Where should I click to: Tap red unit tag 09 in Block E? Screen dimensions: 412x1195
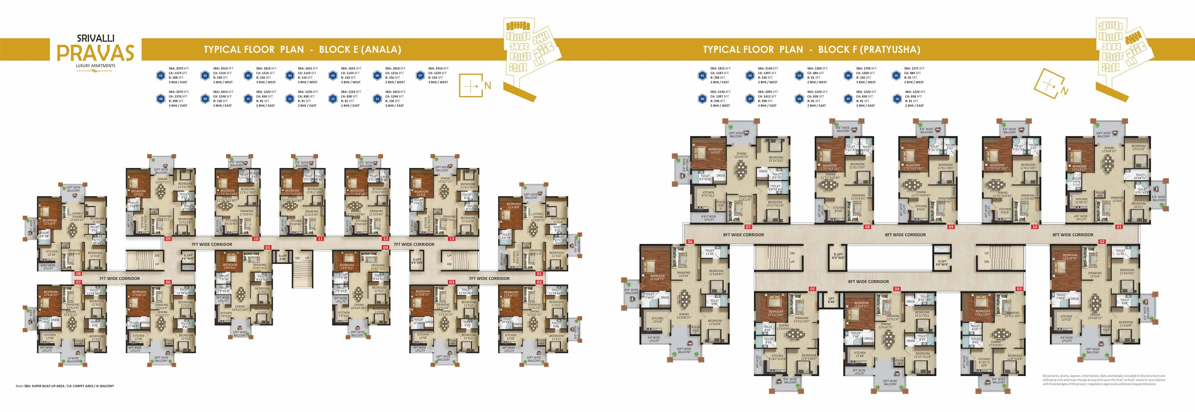tap(168, 239)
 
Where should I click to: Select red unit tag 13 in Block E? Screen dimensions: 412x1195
tap(451, 239)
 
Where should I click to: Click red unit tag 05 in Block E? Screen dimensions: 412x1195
tap(268, 248)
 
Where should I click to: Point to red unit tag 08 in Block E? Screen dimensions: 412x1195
tap(78, 274)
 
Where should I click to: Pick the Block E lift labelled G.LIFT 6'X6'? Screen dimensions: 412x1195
tap(282, 257)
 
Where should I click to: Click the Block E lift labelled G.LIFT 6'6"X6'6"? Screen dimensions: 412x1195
tap(188, 257)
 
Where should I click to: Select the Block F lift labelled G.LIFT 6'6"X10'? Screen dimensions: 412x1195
tap(838, 256)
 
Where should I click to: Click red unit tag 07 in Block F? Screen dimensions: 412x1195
tap(748, 227)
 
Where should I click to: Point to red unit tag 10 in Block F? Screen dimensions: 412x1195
tap(1034, 227)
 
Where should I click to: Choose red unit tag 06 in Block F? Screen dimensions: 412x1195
tap(690, 242)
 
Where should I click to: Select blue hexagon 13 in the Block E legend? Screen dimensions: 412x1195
tap(376, 99)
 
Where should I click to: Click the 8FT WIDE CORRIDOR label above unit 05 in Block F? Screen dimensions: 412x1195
tap(868, 282)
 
